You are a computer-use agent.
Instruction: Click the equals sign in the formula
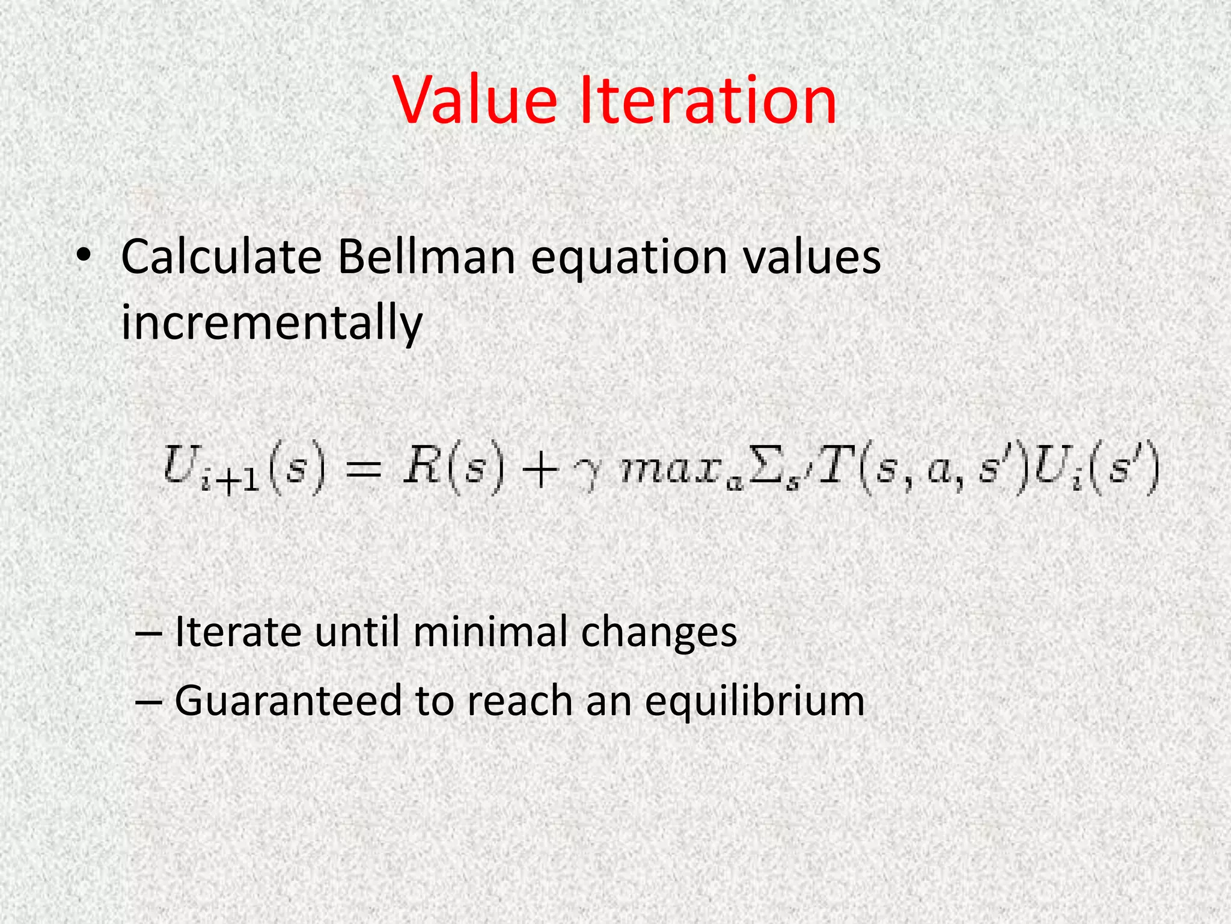364,470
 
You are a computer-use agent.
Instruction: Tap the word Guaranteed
288,701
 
